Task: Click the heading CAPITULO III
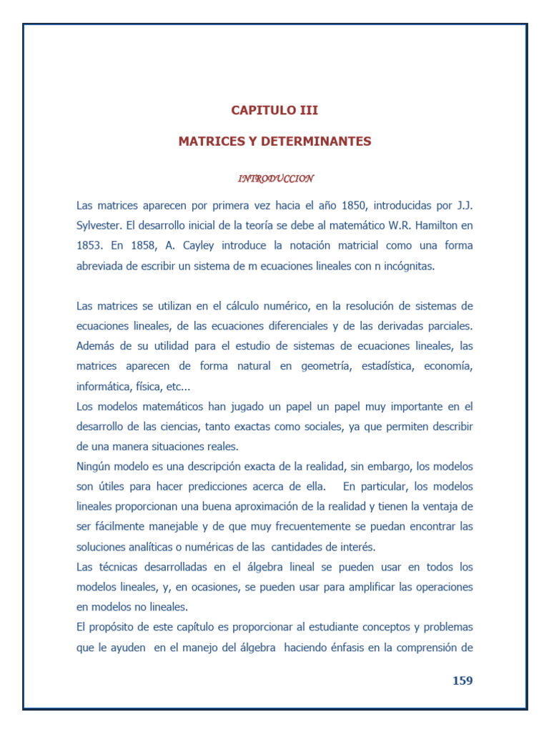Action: point(274,110)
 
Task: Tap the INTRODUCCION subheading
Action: point(274,178)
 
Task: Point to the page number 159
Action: point(463,681)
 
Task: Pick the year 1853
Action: point(90,245)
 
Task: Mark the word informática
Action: point(103,386)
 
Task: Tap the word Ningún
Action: point(96,466)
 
